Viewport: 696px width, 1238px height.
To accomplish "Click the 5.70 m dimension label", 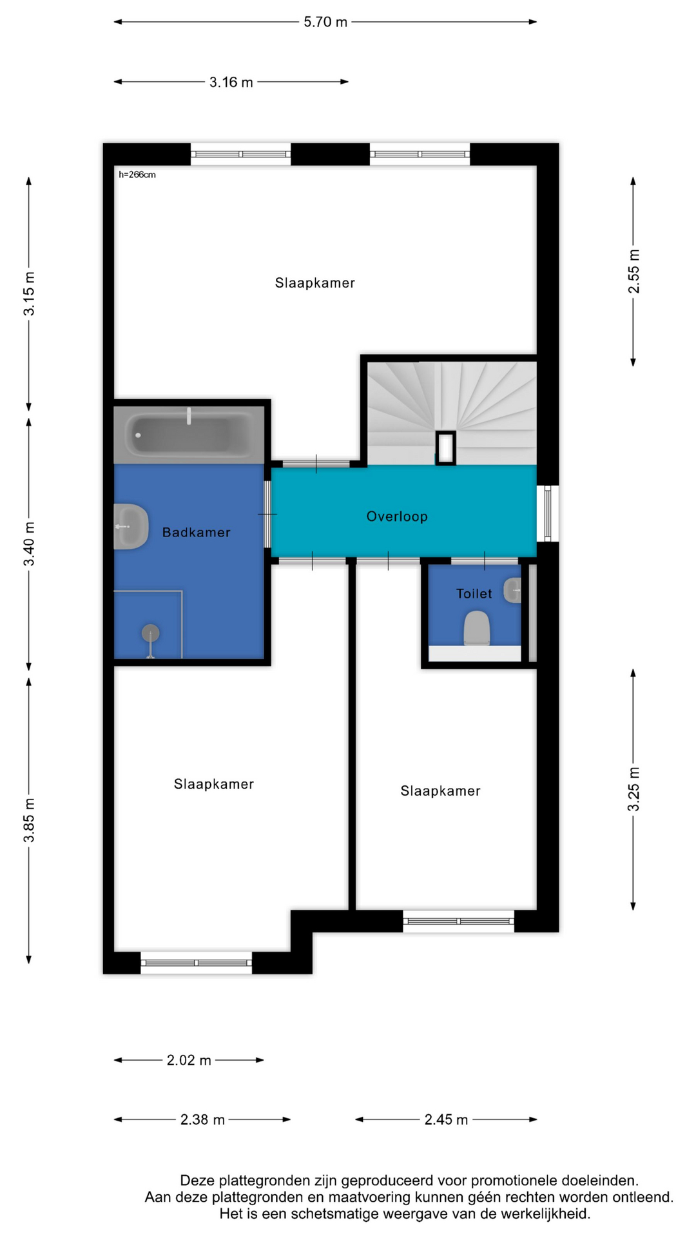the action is tap(325, 22).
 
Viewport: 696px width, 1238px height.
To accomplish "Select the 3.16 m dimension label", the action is tap(231, 82).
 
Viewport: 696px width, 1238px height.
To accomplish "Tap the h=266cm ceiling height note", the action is tap(137, 174).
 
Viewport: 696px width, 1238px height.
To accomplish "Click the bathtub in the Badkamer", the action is tap(189, 435).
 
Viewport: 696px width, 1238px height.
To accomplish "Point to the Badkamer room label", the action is tap(197, 532).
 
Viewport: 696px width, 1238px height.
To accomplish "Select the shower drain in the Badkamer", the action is tap(151, 633).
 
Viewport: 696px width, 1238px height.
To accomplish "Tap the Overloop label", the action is tap(397, 516).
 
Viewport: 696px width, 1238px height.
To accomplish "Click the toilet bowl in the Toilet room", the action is tap(477, 629).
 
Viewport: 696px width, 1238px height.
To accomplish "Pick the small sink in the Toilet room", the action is tap(512, 590).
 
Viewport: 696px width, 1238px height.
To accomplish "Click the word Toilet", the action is tap(474, 593).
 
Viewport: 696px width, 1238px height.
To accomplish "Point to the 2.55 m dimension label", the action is tap(634, 271).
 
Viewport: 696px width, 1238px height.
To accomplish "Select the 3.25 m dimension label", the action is tap(634, 789).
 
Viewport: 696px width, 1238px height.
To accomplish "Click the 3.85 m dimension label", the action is tap(29, 820).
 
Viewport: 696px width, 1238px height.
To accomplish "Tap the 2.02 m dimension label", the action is tap(189, 1060).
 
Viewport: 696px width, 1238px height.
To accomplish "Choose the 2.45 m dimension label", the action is tap(446, 1119).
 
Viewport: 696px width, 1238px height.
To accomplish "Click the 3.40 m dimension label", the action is tap(29, 544).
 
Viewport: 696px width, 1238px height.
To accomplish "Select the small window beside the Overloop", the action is tap(548, 513).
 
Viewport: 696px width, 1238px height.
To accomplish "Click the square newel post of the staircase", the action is tap(445, 447).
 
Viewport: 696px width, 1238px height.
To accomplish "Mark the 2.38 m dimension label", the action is tap(202, 1119).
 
